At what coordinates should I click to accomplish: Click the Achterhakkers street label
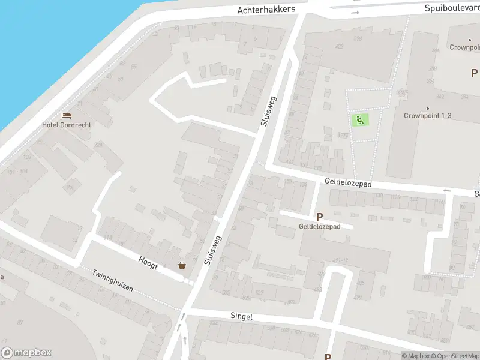click(x=266, y=10)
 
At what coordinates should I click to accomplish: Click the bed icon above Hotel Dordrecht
click(x=66, y=115)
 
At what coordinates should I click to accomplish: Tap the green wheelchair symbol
click(x=360, y=120)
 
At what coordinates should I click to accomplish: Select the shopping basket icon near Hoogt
click(x=182, y=265)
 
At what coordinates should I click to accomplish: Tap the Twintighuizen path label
click(x=112, y=280)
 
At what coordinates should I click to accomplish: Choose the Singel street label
click(x=241, y=316)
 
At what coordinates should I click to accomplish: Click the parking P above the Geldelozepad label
click(x=320, y=217)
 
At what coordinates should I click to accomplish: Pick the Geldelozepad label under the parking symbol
click(x=320, y=227)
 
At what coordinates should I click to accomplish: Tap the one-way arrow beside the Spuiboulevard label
click(x=355, y=12)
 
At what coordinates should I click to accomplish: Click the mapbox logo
click(x=26, y=353)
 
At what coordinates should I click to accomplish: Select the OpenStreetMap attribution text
click(x=456, y=356)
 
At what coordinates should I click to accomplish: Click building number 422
click(x=340, y=47)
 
